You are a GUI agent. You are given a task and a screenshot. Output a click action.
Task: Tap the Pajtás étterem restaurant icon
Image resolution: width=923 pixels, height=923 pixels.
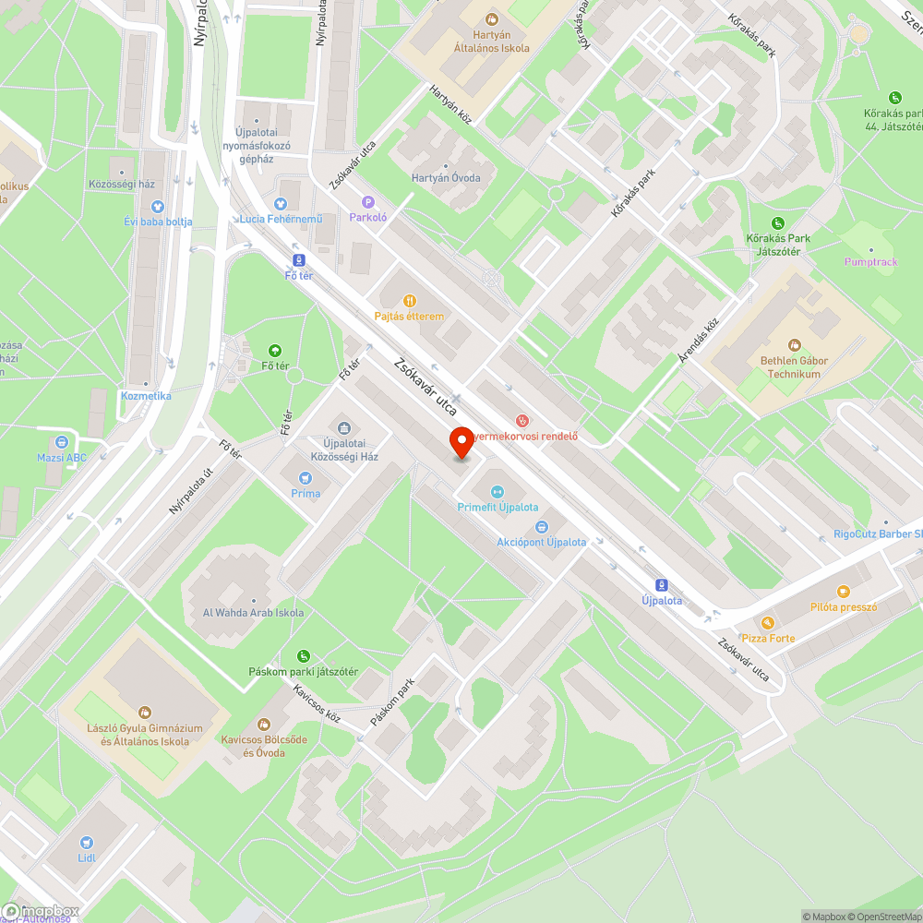[410, 301]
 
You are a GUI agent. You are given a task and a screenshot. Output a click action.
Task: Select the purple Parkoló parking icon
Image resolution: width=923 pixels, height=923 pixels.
[368, 202]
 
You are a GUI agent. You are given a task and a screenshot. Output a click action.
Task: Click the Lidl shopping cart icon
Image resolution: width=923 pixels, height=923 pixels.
[86, 842]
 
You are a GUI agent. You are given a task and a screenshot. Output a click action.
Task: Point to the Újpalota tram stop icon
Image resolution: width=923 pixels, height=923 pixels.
[661, 585]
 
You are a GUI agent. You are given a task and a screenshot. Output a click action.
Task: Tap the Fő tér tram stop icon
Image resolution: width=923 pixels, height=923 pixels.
[298, 260]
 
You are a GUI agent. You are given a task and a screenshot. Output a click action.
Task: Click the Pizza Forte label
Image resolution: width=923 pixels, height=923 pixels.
[768, 638]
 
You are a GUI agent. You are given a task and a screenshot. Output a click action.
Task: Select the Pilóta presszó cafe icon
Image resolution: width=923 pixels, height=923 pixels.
[843, 592]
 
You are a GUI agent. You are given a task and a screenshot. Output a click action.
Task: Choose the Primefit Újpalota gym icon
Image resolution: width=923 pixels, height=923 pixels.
[497, 492]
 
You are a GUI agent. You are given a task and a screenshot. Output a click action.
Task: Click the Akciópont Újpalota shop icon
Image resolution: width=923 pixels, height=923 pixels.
[541, 527]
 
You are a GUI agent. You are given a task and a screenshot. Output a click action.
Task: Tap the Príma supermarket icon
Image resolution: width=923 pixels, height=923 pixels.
[306, 478]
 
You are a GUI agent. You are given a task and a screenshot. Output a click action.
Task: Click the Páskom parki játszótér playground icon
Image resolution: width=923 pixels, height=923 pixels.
[303, 656]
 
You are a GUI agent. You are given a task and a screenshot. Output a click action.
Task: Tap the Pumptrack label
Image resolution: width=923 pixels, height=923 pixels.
[870, 262]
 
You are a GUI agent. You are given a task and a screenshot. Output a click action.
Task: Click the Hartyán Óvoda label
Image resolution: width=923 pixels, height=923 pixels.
[446, 178]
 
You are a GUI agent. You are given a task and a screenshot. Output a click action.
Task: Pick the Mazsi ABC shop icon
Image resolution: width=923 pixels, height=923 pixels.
[62, 442]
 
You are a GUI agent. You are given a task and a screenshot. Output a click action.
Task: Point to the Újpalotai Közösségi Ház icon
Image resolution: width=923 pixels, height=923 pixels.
[344, 427]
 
